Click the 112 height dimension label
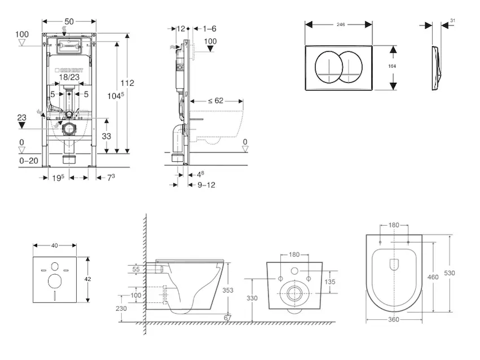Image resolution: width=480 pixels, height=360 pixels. point(127,83)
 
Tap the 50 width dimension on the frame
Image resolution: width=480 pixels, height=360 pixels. point(70,22)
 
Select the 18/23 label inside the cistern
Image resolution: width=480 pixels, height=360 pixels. point(70,77)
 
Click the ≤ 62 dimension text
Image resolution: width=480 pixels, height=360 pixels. point(215,101)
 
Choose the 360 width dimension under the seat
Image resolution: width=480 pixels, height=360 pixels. point(394,320)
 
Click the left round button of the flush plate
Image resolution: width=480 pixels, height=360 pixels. point(329,67)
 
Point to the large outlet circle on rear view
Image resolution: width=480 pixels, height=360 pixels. point(294,293)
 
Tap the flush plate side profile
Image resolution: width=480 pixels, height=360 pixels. point(436,67)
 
